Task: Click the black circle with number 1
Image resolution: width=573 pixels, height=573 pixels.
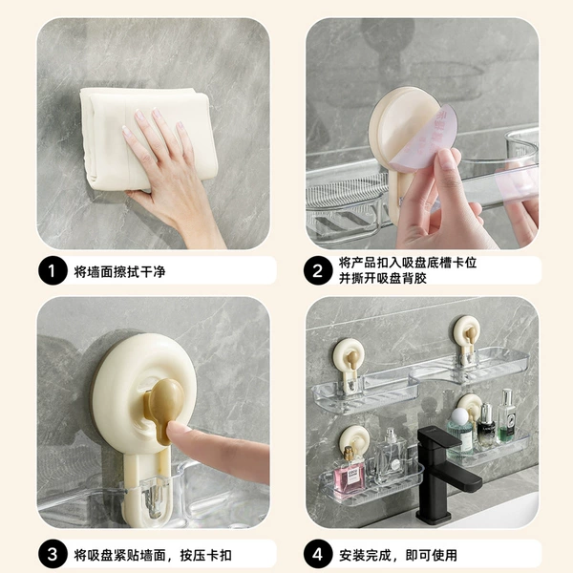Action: pyautogui.click(x=53, y=271)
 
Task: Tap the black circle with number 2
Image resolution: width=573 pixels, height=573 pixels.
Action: pyautogui.click(x=318, y=271)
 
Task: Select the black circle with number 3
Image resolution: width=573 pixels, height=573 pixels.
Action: pyautogui.click(x=53, y=555)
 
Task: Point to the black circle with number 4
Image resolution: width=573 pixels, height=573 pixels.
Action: pyautogui.click(x=318, y=555)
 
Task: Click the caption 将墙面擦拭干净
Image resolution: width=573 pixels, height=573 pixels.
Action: pyautogui.click(x=119, y=272)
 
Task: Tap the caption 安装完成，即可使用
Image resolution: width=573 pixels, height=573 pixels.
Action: pyautogui.click(x=398, y=556)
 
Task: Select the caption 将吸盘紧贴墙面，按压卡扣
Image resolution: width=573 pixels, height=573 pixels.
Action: pyautogui.click(x=153, y=556)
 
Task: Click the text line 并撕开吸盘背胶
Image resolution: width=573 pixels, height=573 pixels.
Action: pyautogui.click(x=383, y=279)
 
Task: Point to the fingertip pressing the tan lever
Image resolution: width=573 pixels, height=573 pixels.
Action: pyautogui.click(x=174, y=428)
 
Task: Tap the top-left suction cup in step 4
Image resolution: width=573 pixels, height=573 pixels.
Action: pyautogui.click(x=349, y=355)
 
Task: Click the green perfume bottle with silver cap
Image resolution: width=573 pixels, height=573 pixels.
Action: pyautogui.click(x=507, y=416)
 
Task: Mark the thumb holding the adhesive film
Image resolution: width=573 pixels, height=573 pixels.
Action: pyautogui.click(x=448, y=172)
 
